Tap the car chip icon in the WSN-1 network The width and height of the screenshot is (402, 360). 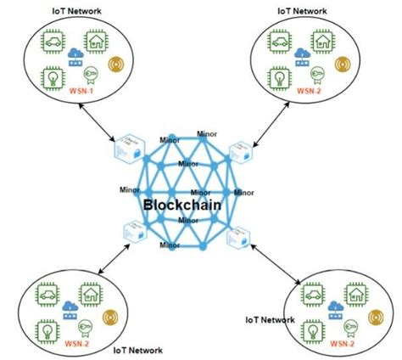point(52,41)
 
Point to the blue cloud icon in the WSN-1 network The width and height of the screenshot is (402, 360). point(77,57)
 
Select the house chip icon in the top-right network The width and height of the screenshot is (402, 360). point(322,40)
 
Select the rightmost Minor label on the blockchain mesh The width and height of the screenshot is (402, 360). point(243,193)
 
